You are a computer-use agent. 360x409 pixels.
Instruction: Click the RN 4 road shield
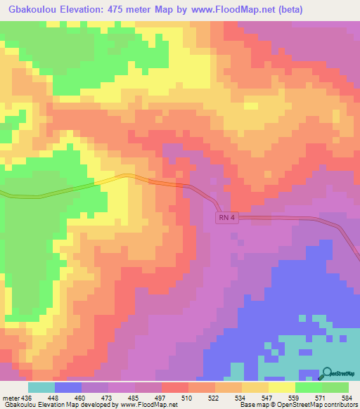pyautogui.click(x=224, y=219)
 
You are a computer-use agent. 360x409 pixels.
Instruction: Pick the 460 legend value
pyautogui.click(x=81, y=398)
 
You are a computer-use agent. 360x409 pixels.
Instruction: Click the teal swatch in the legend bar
pyautogui.click(x=41, y=387)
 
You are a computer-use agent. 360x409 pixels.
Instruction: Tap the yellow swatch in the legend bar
pyautogui.click(x=282, y=387)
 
